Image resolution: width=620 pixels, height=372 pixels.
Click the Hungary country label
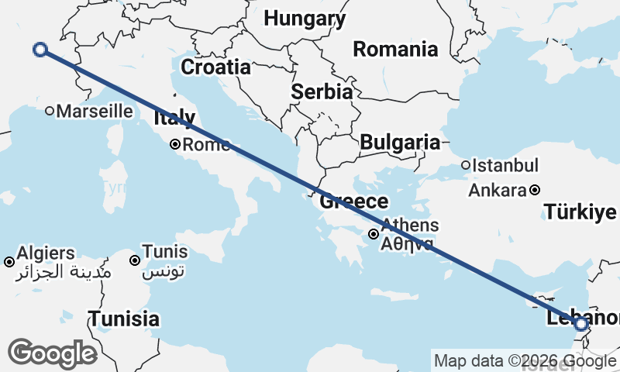coord(304,19)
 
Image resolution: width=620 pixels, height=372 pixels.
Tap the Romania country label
coord(395,50)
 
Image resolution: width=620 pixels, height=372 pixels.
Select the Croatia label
coord(216,67)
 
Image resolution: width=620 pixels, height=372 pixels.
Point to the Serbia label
coord(322,91)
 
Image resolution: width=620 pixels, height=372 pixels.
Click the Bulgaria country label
coord(399,142)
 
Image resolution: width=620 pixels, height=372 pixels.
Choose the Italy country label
coord(174,119)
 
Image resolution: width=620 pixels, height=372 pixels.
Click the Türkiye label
coord(580,212)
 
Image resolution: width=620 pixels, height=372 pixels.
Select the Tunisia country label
coord(124,319)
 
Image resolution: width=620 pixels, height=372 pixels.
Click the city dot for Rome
coord(176,144)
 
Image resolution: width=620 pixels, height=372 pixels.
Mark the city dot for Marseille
coord(50,111)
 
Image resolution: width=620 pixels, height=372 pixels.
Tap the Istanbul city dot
coord(466,165)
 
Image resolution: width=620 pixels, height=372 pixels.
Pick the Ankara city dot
coord(535,190)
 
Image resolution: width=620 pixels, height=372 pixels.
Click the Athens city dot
coord(374,233)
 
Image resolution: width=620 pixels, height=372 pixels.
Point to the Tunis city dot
coord(135,260)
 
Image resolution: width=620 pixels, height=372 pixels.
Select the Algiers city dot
coord(9,262)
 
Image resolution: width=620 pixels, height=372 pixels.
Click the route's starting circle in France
coord(40,50)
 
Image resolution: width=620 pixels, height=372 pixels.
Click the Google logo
coord(52,353)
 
